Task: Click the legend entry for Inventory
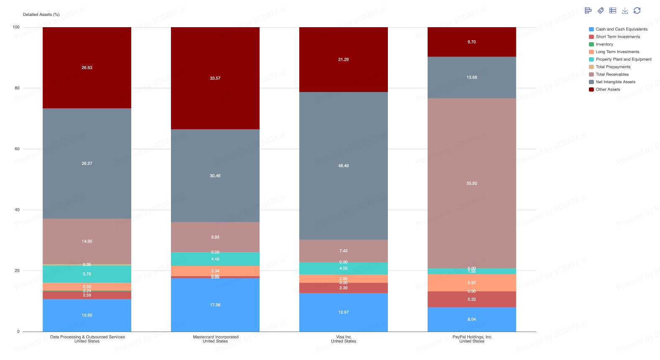tap(604, 44)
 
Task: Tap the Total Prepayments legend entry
tap(613, 67)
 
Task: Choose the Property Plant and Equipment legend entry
tap(623, 59)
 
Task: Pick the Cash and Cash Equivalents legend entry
tap(621, 29)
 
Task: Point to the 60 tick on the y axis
tap(17, 149)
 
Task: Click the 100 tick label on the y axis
tap(16, 27)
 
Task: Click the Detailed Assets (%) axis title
tap(41, 15)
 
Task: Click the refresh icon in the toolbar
tap(637, 10)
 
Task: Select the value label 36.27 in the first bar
tap(87, 163)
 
